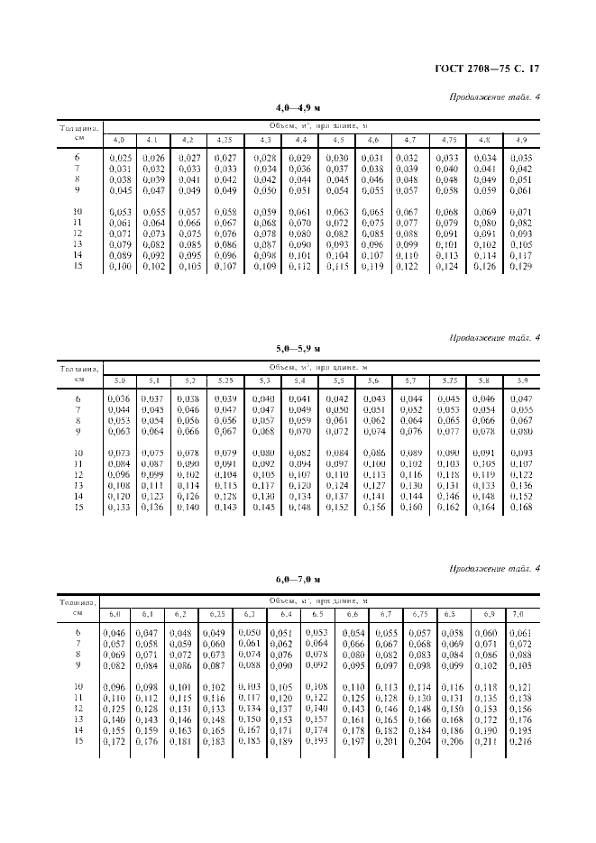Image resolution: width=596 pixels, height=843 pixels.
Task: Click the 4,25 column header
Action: [225, 140]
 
